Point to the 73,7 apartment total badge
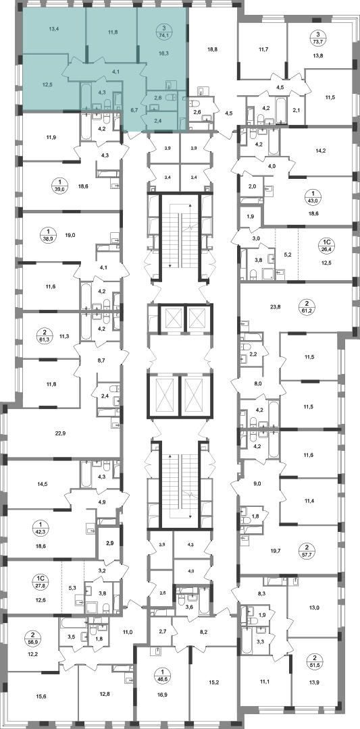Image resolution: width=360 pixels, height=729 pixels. click(317, 37)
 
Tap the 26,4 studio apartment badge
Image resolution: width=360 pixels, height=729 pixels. click(327, 244)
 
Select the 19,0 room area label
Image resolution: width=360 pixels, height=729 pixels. click(70, 235)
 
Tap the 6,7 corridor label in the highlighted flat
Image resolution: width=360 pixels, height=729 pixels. click(134, 111)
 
